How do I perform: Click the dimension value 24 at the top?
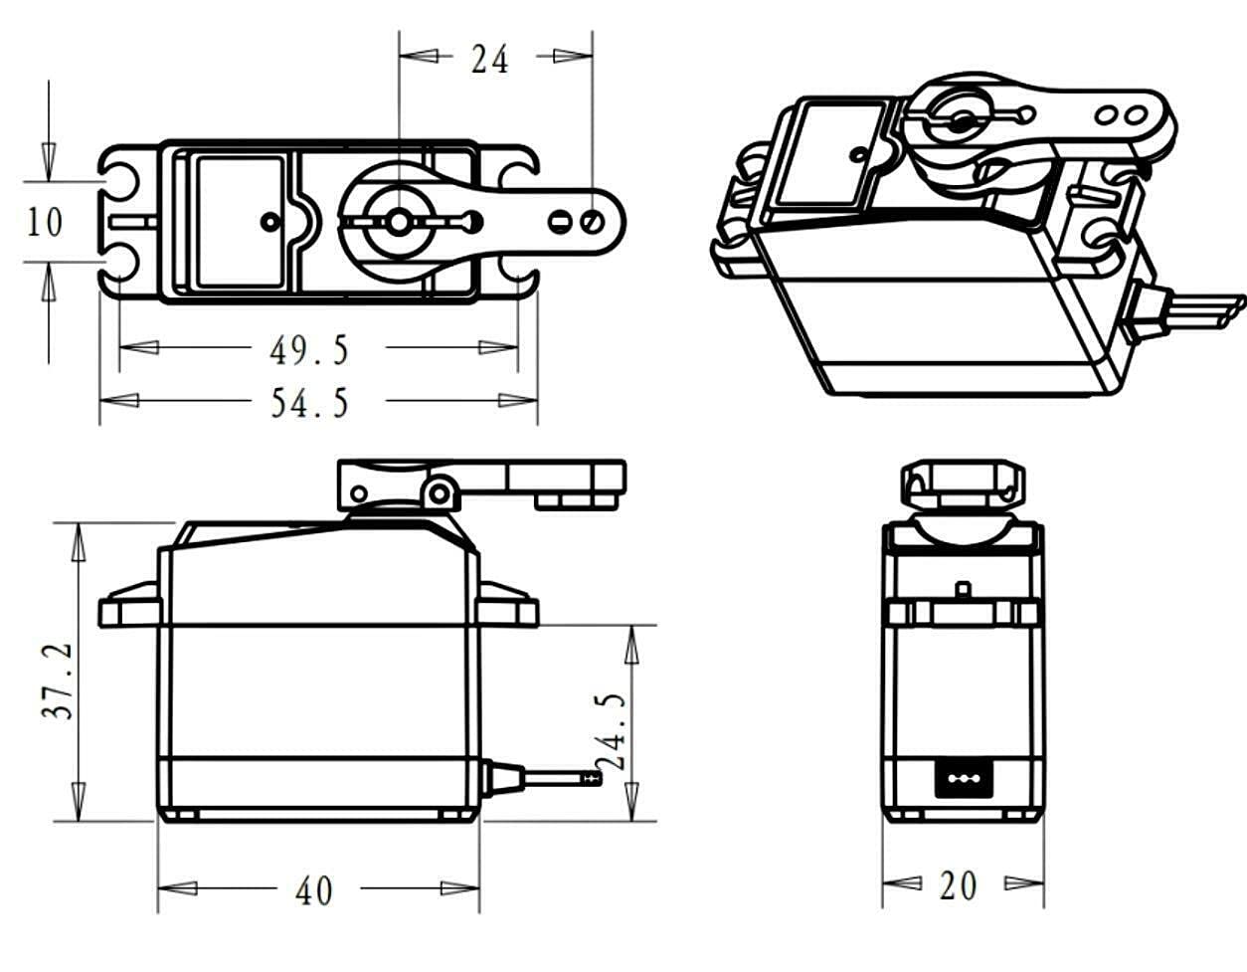(x=489, y=60)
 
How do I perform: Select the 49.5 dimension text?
(x=309, y=350)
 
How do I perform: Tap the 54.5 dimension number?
(x=309, y=403)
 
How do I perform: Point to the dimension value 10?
(x=44, y=221)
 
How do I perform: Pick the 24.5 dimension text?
(x=613, y=732)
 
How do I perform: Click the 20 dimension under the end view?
(x=958, y=885)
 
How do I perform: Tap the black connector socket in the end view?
(x=963, y=777)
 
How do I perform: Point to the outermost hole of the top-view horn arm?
(x=592, y=220)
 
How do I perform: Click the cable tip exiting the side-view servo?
(x=593, y=776)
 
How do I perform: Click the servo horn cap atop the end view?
(x=963, y=484)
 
